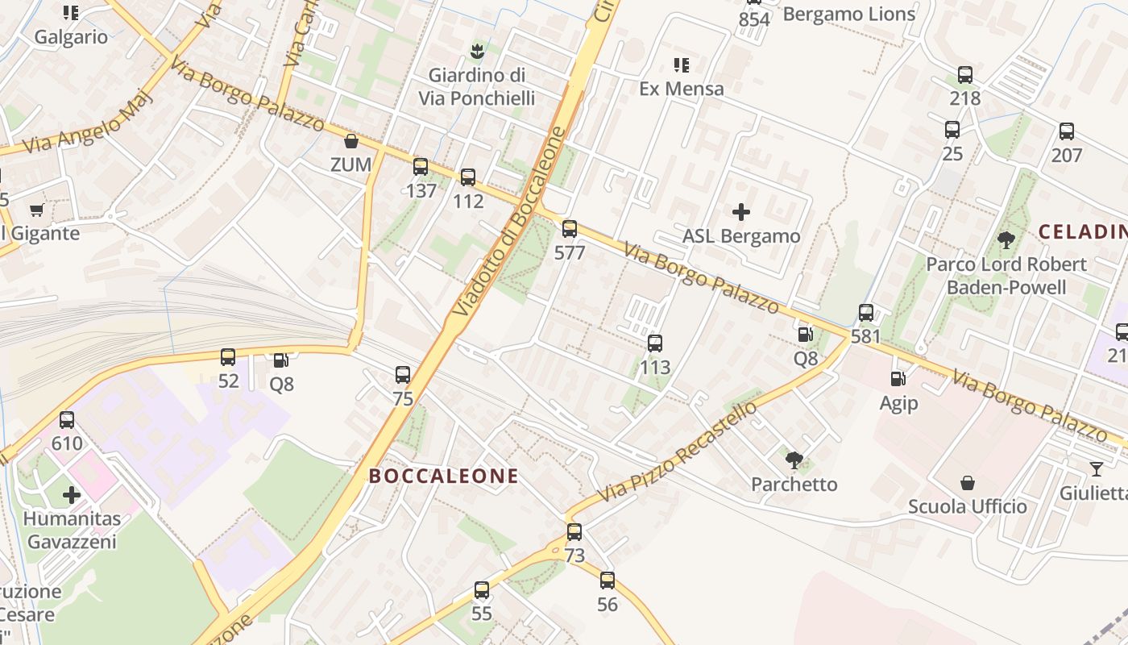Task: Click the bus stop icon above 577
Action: (x=570, y=229)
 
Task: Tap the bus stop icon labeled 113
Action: (x=655, y=343)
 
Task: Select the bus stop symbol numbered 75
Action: (x=403, y=375)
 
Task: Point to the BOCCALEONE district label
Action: (x=444, y=476)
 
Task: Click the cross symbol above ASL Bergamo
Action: (x=741, y=212)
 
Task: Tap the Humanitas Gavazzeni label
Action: (x=72, y=530)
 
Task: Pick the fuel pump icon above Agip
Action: (x=898, y=378)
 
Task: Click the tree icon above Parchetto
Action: (x=794, y=460)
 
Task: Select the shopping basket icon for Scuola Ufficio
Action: (x=968, y=483)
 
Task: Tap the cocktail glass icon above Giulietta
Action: (x=1096, y=469)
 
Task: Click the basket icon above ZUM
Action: (x=351, y=142)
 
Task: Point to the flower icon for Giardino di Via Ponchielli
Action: (x=477, y=52)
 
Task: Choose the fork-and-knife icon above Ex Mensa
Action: (x=682, y=64)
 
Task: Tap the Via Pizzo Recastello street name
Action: (x=677, y=451)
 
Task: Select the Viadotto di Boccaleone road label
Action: (x=510, y=221)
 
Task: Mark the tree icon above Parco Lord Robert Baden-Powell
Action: (x=1006, y=239)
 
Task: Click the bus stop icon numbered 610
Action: (x=67, y=420)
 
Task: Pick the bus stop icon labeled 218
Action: (x=965, y=75)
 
